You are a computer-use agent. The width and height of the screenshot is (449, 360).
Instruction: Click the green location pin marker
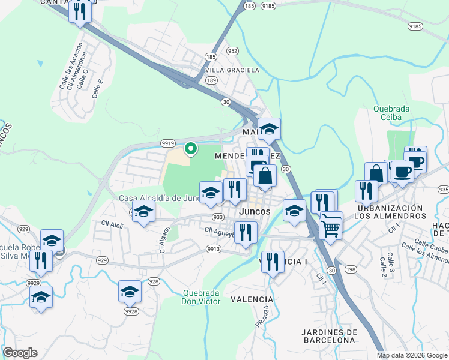191,148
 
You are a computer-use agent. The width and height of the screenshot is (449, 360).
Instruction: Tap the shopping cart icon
331,226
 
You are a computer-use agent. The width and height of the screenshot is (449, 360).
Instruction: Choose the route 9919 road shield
168,143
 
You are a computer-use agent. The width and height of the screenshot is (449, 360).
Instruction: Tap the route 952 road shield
233,51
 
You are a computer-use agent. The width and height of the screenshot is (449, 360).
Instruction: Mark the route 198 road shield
351,269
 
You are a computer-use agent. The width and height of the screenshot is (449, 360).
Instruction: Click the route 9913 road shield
213,248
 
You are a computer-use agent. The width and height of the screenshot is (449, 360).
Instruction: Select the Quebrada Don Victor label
200,297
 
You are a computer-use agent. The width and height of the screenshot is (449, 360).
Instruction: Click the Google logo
20,353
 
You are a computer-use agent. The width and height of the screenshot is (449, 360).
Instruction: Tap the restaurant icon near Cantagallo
79,11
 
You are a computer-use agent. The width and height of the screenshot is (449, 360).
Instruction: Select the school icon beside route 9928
129,292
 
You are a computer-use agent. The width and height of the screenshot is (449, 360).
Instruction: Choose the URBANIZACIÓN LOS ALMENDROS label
388,212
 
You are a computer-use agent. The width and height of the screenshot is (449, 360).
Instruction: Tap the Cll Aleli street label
113,224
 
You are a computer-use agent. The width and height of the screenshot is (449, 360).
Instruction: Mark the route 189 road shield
211,80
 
